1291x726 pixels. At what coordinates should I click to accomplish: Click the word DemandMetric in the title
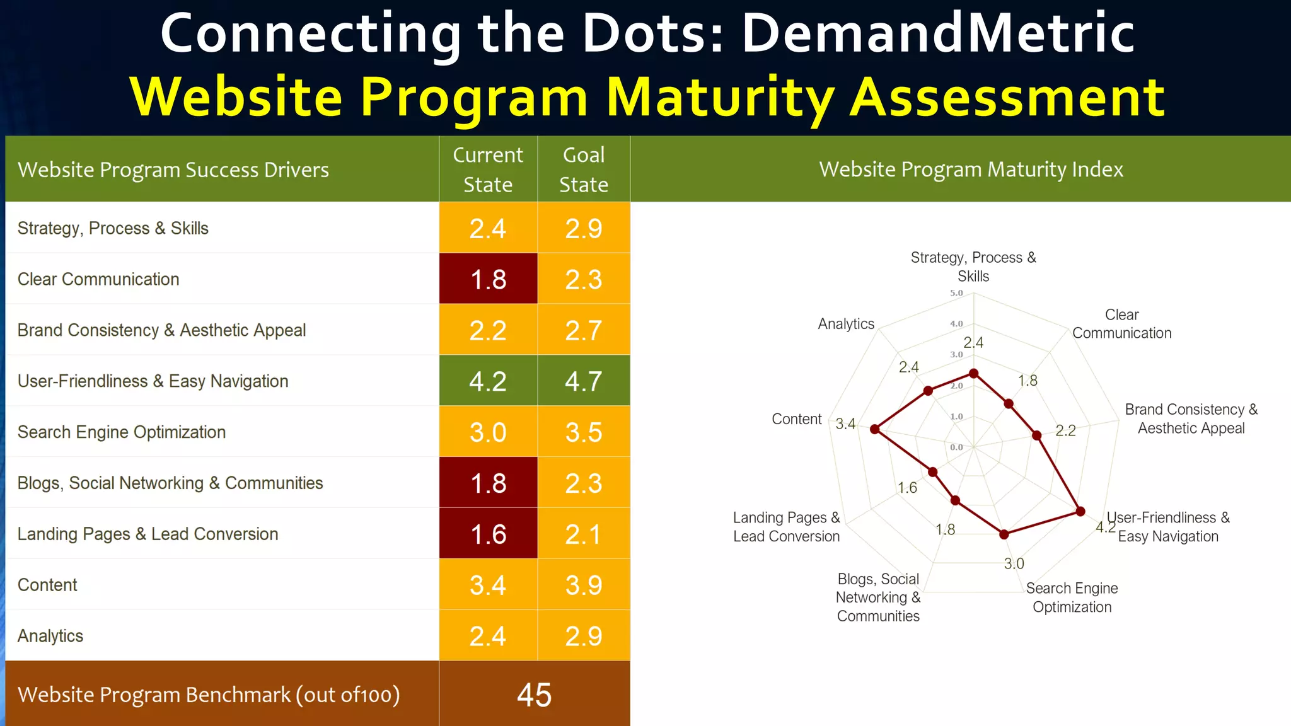937,33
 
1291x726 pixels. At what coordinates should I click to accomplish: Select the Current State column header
488,169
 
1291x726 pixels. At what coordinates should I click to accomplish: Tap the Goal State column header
584,169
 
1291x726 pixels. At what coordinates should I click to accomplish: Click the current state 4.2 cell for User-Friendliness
488,381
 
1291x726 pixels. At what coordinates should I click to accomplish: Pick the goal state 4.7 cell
584,381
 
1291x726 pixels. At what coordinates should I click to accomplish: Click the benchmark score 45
534,694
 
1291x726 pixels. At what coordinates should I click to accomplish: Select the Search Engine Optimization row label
122,432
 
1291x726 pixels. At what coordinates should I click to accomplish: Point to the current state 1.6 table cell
488,534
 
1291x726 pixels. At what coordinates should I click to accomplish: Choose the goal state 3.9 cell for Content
584,585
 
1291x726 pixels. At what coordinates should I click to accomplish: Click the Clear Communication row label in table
98,279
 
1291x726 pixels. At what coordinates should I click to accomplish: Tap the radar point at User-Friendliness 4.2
1080,511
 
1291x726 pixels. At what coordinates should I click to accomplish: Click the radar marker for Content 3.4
874,429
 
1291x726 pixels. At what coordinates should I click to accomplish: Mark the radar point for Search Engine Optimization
1004,534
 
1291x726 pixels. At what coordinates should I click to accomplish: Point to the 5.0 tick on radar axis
956,293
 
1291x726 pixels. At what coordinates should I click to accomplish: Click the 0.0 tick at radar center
956,447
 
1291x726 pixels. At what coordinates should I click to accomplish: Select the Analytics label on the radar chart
846,324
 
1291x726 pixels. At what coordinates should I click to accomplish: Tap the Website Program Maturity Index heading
971,169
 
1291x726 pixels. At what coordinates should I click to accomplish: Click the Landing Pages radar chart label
786,527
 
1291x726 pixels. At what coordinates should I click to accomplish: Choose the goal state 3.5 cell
584,432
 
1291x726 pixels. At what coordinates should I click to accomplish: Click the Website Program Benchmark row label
209,694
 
